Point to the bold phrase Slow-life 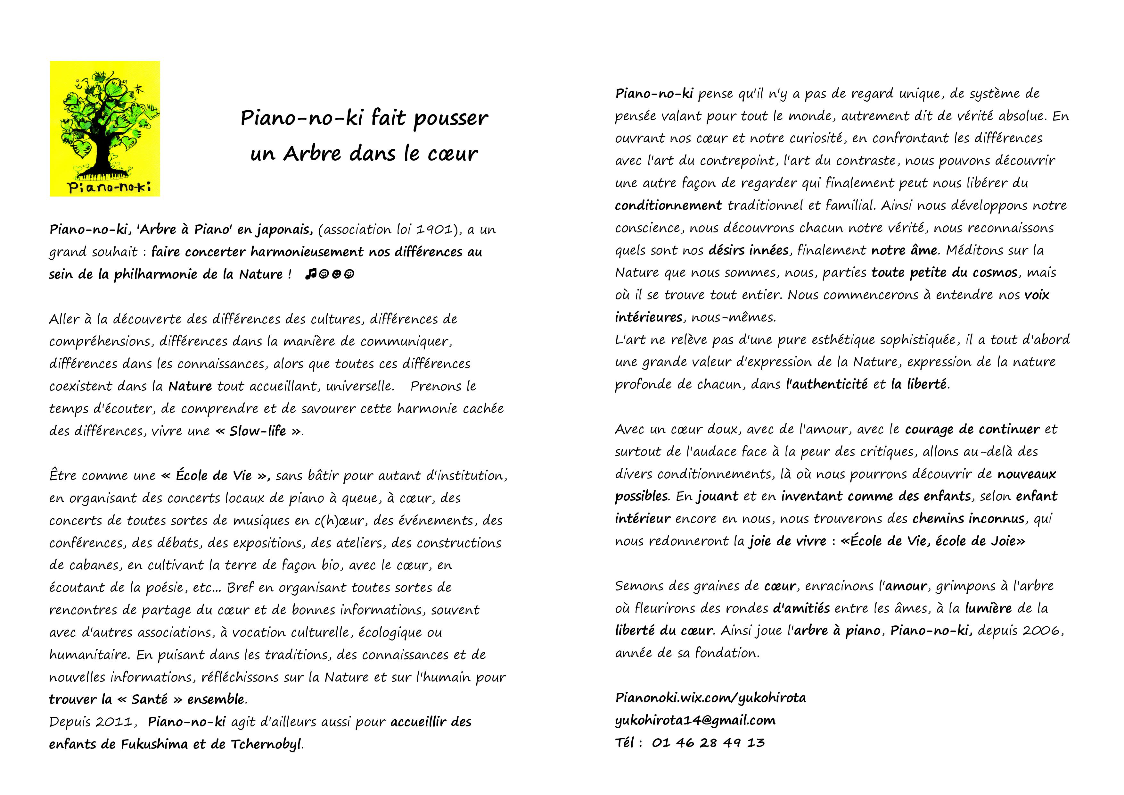pos(258,431)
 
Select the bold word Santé pos(150,699)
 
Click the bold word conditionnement pos(668,205)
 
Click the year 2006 pos(1042,631)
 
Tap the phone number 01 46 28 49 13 pos(708,743)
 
